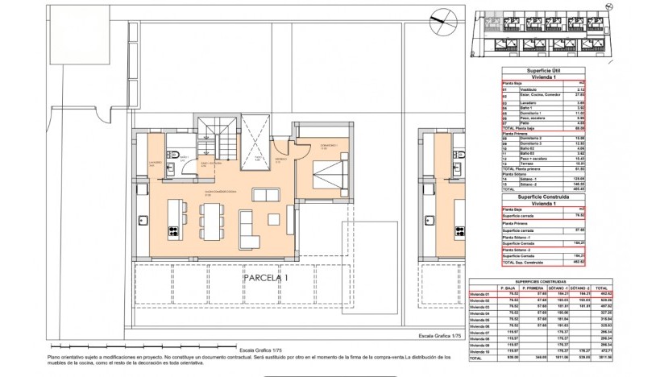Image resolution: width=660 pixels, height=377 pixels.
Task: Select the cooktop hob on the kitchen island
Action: [172, 232]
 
